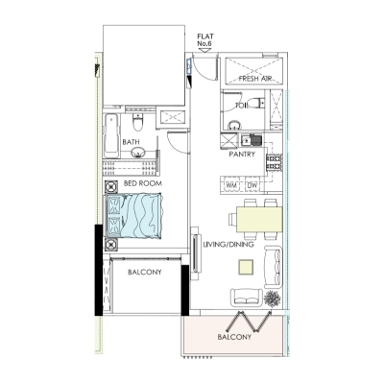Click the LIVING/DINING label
pos(228,245)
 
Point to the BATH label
pos(131,143)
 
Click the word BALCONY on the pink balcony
pos(235,338)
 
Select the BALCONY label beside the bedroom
pos(143,272)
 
